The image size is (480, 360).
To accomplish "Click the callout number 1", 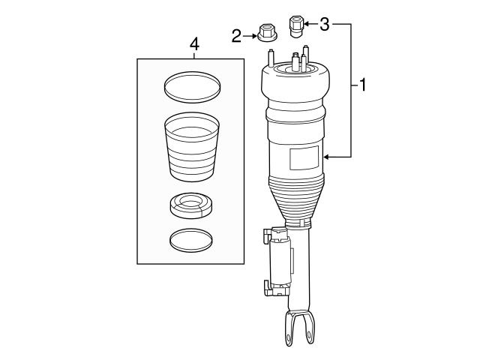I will pos(362,85).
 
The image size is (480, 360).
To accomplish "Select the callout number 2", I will pos(237,34).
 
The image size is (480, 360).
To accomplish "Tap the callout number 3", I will pos(324,24).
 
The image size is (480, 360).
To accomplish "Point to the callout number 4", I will pos(194,44).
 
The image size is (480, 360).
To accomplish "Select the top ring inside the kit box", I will pos(191,87).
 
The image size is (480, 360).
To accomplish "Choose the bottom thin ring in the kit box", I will pos(190,240).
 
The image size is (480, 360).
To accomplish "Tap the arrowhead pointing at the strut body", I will pos(327,157).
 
